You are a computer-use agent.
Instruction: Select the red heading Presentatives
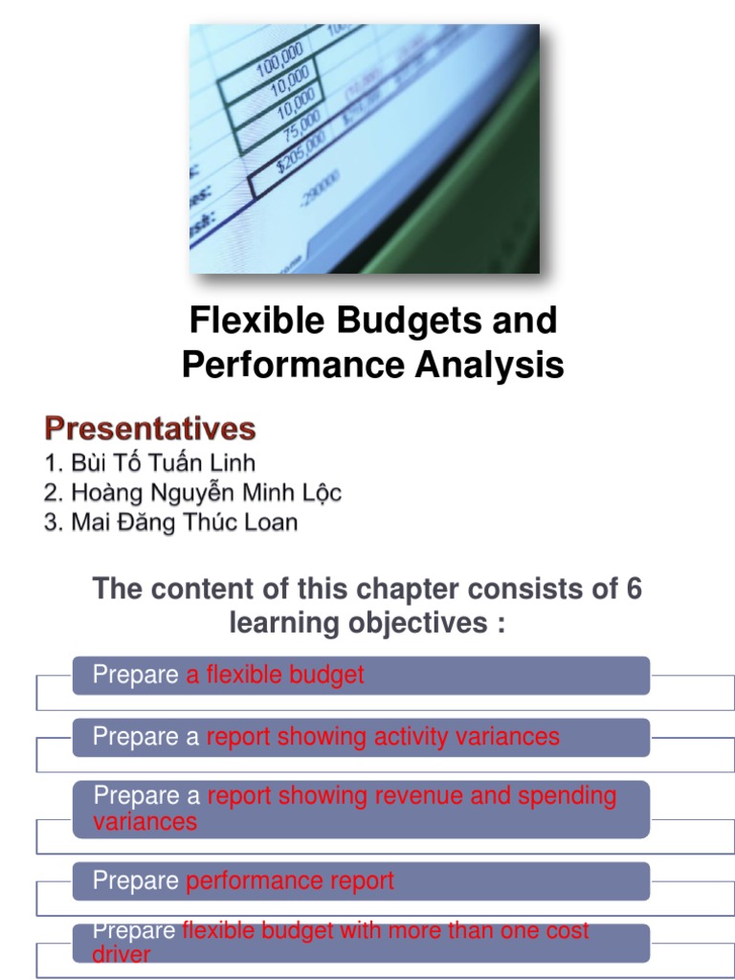tap(149, 428)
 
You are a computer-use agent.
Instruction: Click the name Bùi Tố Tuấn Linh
tap(150, 463)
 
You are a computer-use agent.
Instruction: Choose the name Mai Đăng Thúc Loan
tap(171, 523)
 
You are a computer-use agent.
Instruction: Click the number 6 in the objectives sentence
tap(634, 589)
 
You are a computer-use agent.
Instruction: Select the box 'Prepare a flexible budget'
tap(361, 676)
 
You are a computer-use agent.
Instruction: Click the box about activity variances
tap(361, 737)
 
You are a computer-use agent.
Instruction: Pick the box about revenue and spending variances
tap(361, 809)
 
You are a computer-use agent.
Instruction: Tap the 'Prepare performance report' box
tap(361, 880)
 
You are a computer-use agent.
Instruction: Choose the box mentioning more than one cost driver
tap(361, 943)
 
